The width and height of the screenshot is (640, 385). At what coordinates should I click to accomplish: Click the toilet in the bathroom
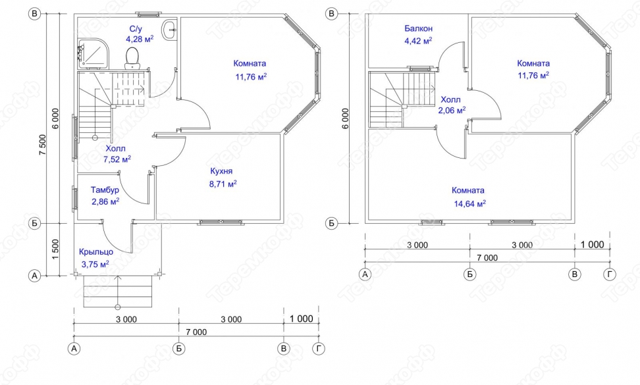click(x=132, y=58)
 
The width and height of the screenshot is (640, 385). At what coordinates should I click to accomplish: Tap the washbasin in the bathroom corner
click(x=169, y=30)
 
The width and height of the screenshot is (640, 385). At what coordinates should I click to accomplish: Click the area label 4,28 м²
click(x=140, y=39)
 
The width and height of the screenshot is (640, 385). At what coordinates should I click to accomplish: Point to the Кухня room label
click(x=221, y=171)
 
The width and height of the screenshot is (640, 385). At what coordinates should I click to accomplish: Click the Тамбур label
click(x=105, y=190)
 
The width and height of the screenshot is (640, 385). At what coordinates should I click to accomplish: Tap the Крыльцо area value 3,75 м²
click(x=95, y=265)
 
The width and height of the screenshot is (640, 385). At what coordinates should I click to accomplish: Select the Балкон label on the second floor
click(x=418, y=28)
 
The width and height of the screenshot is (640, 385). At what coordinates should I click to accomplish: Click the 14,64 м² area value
click(x=470, y=203)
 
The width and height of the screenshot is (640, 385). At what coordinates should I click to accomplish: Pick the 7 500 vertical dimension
click(x=43, y=144)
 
